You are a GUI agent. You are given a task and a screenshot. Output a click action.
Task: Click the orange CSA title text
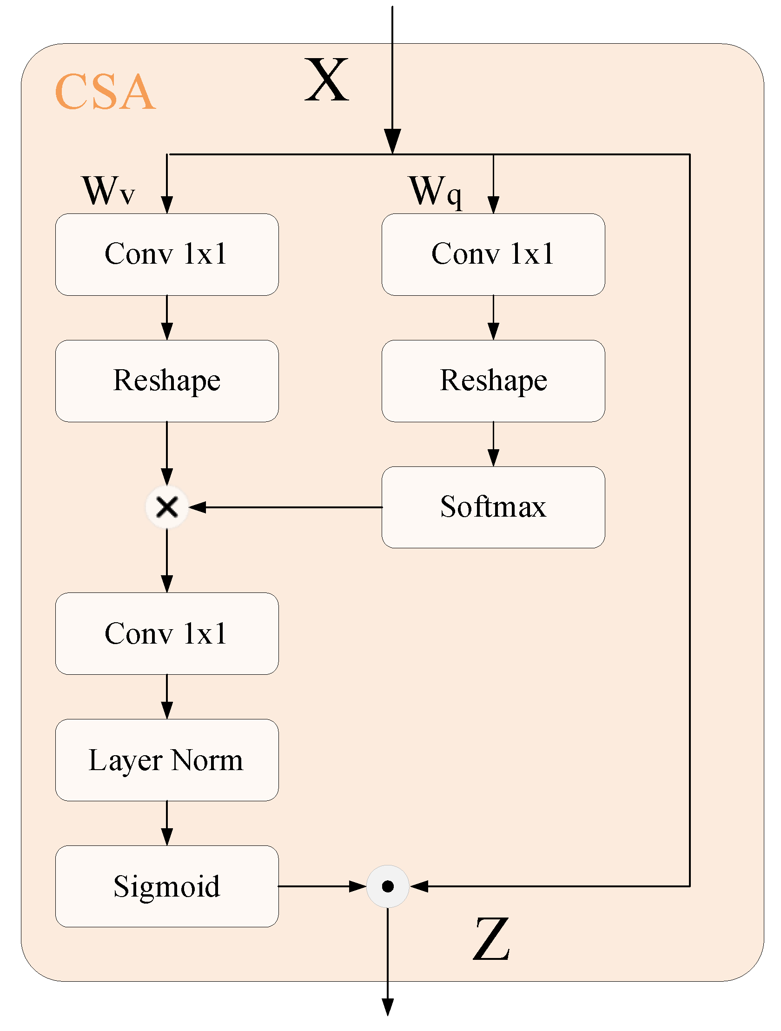click(105, 92)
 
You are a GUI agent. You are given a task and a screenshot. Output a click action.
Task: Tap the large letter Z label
click(491, 939)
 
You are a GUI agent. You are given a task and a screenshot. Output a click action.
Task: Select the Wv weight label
click(109, 191)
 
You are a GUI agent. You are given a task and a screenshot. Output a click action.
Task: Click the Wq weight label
click(435, 192)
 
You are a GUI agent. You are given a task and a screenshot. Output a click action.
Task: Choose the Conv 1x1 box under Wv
click(167, 254)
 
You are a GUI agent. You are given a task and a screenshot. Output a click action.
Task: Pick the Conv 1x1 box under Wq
click(493, 254)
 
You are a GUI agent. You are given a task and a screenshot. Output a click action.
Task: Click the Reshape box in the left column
click(167, 381)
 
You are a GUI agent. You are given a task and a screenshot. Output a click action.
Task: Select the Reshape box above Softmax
click(493, 381)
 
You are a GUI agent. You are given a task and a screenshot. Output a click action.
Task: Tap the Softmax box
click(493, 507)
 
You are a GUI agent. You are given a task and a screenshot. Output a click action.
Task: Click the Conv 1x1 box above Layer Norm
click(167, 633)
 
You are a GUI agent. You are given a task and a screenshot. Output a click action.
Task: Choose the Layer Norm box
click(167, 760)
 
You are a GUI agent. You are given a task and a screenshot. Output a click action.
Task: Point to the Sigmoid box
click(167, 886)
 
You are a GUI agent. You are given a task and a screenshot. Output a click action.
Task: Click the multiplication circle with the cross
click(167, 507)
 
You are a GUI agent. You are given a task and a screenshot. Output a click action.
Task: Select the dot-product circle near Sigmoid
click(388, 886)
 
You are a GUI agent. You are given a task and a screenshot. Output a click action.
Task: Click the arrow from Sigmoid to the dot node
click(322, 886)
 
